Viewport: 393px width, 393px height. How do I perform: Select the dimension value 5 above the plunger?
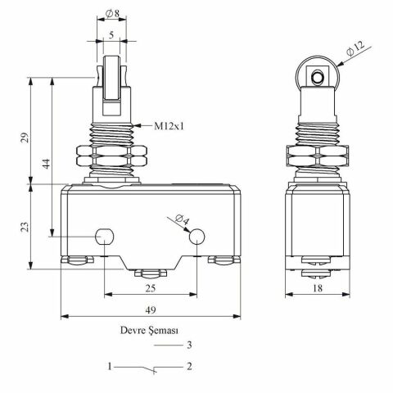point(110,35)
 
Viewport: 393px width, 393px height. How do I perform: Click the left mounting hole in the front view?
point(104,237)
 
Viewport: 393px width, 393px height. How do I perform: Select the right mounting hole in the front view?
point(197,237)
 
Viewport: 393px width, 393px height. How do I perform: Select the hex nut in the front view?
point(110,155)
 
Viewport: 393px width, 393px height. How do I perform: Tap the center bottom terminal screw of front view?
point(151,273)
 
